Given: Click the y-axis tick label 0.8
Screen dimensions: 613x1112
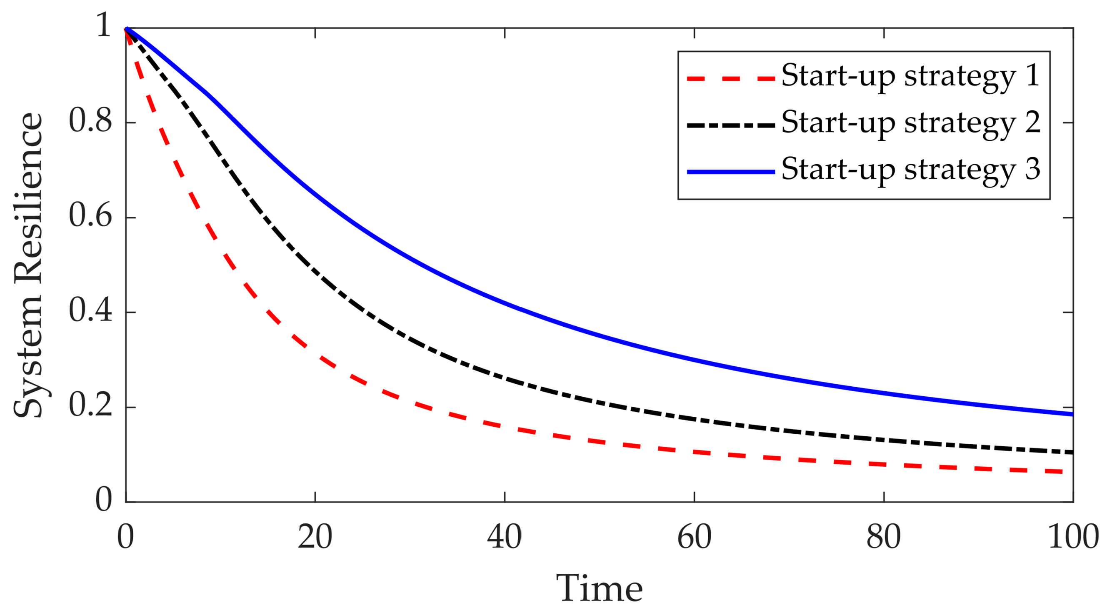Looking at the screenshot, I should coord(90,122).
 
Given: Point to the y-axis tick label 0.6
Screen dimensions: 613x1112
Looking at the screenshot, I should coord(90,217).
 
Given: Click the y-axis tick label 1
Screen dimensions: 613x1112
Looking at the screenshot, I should coord(104,26).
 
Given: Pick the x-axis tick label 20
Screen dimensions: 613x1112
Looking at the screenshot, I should coord(315,538).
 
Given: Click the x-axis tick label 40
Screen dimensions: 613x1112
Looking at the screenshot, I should coord(505,538).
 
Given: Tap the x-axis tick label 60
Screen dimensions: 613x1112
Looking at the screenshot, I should coord(694,538).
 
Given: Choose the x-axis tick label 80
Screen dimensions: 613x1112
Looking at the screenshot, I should coord(884,538).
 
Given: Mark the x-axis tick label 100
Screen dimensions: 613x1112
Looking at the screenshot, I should coord(1073,538).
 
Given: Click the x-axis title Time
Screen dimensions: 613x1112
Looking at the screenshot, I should coord(599,588).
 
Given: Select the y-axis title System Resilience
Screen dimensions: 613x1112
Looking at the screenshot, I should coord(28,264).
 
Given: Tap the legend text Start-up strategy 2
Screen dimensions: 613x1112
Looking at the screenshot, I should coord(910,123).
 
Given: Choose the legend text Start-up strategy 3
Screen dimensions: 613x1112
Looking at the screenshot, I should coord(910,170).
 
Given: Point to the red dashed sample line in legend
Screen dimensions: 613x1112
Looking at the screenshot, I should coord(731,79).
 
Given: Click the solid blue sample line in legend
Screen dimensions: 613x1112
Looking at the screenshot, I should coord(731,172).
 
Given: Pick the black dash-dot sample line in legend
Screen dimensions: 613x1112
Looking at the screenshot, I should coord(731,125).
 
